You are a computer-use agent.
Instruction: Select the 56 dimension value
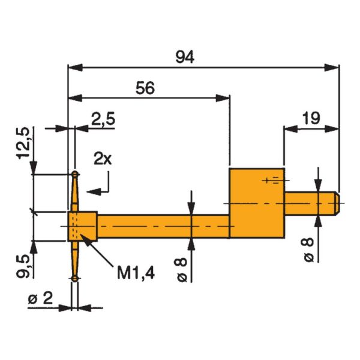145,88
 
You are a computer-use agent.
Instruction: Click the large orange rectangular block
256,203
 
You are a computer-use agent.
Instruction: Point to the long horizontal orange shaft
162,225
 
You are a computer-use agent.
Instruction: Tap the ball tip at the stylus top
74,175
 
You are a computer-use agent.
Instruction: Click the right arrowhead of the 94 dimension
331,68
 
